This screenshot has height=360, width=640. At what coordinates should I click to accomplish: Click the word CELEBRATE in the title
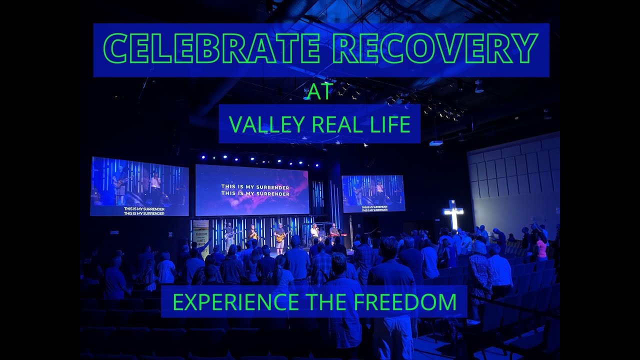[211, 48]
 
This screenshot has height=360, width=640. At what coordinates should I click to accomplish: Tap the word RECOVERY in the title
[435, 48]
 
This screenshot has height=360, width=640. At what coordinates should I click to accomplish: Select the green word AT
[319, 92]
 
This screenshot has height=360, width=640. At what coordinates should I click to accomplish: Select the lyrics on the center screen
[255, 190]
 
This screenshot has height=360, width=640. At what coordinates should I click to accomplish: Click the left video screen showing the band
[139, 185]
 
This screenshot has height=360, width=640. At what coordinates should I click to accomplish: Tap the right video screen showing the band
[373, 193]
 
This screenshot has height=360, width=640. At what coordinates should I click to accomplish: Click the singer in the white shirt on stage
[314, 234]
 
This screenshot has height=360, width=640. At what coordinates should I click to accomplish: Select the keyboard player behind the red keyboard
[334, 232]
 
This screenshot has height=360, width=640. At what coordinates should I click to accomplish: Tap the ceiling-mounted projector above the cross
[435, 142]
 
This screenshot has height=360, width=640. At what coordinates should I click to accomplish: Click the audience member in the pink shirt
[541, 247]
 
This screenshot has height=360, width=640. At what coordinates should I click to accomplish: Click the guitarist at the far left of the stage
[228, 234]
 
